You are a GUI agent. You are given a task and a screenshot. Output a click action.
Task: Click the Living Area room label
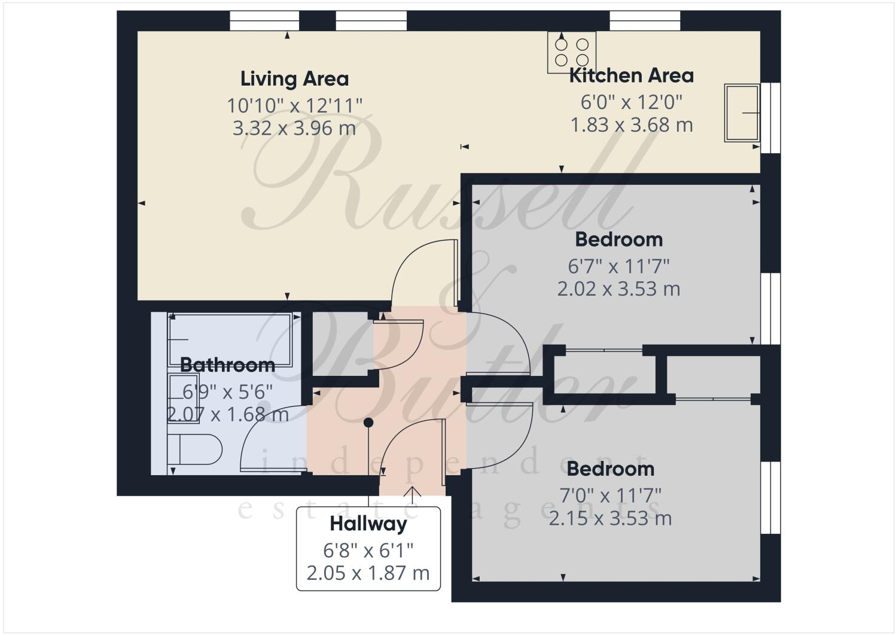click(x=294, y=79)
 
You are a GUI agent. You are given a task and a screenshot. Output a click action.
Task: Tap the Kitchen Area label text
click(x=631, y=76)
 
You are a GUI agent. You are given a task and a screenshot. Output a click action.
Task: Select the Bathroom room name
click(x=227, y=364)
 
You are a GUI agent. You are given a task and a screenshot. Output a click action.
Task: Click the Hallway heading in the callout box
click(x=368, y=524)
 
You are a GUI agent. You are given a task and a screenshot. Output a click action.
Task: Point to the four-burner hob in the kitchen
click(x=572, y=52)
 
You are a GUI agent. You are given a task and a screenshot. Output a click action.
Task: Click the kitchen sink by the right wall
click(x=742, y=113)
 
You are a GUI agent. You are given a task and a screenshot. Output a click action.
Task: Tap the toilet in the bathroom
click(x=194, y=449)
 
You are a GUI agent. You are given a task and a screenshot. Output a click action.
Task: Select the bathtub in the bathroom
click(x=231, y=339)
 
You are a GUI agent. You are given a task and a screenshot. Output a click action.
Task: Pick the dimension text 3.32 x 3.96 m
click(x=294, y=128)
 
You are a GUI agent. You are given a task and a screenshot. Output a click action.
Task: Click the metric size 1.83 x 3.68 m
click(x=631, y=125)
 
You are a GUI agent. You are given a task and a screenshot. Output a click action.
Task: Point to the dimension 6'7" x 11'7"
click(x=618, y=265)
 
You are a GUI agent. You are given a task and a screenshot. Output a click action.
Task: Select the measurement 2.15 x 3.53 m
click(x=610, y=518)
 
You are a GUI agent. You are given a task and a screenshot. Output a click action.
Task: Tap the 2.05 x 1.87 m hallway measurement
click(x=368, y=573)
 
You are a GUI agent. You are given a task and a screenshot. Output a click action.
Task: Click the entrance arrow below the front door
click(x=412, y=493)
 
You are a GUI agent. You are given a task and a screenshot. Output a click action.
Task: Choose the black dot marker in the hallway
click(x=368, y=423)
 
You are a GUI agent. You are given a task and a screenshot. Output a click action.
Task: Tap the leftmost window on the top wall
click(x=264, y=21)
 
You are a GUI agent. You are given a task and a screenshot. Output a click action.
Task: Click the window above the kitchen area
click(x=644, y=21)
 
